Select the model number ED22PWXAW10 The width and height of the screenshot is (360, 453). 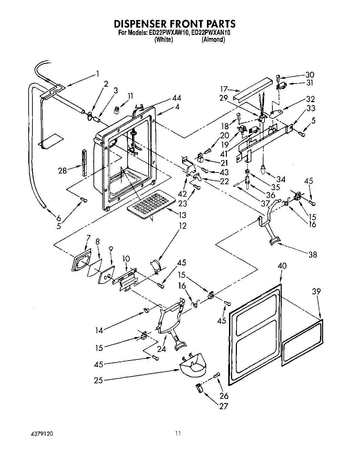168,33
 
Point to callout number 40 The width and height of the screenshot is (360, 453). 282,266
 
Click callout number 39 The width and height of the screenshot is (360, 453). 316,292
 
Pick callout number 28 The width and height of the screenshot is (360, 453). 62,170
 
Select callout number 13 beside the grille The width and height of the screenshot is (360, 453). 182,215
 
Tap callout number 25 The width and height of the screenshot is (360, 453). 99,381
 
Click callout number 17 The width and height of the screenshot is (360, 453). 224,89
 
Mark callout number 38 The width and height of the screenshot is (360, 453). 312,255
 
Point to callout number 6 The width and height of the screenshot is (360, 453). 58,218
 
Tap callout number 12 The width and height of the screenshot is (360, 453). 182,226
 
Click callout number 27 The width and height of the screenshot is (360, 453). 224,406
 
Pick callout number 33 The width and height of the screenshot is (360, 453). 311,108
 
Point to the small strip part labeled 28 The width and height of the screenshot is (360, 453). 84,163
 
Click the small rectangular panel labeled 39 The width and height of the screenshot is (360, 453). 303,342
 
